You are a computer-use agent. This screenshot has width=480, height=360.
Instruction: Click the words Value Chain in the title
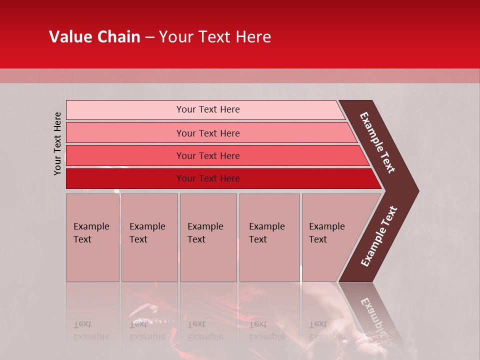click(94, 37)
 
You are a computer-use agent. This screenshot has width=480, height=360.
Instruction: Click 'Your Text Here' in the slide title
click(215, 37)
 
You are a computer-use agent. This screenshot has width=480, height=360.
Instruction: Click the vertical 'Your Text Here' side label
click(57, 143)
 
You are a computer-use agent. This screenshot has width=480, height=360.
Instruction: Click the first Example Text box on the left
click(92, 237)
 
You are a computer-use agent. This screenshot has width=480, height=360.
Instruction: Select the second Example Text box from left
click(149, 237)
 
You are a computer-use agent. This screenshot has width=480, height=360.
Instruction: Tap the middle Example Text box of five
click(208, 237)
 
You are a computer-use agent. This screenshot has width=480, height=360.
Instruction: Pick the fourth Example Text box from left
click(269, 237)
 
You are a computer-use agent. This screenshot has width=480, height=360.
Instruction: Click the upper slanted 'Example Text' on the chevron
click(377, 142)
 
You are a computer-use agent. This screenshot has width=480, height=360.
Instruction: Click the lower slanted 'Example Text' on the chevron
click(378, 236)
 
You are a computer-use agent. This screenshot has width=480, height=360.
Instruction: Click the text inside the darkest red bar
click(208, 178)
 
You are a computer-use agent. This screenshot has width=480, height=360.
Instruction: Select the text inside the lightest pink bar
click(208, 109)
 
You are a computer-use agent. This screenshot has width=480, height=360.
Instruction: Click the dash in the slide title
click(149, 37)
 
